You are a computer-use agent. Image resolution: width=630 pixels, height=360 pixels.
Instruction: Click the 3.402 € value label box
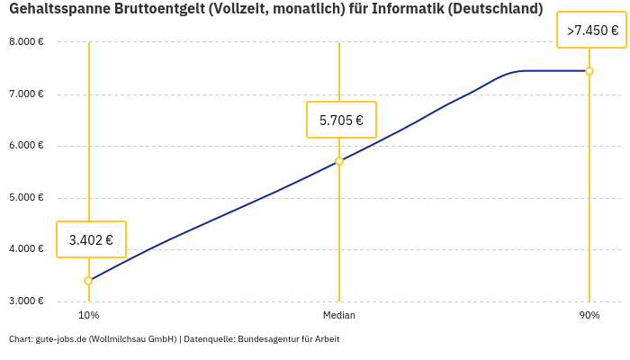click(x=91, y=239)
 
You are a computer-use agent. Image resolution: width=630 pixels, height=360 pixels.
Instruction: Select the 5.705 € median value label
click(x=341, y=120)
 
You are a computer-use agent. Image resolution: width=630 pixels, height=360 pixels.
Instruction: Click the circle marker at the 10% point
click(x=88, y=281)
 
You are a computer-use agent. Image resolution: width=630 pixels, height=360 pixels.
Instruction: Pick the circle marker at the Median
click(x=339, y=161)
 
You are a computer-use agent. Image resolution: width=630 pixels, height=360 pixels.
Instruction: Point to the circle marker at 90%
click(x=589, y=71)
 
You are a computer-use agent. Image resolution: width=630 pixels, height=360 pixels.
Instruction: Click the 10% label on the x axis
click(x=88, y=316)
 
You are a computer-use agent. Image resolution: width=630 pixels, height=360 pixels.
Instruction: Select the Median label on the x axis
click(x=339, y=316)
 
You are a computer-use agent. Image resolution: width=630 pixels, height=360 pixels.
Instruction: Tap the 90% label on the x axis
click(x=589, y=316)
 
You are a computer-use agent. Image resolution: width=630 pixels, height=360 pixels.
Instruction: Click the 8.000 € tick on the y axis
click(x=26, y=42)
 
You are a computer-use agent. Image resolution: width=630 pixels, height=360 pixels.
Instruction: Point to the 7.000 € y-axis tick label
click(x=26, y=94)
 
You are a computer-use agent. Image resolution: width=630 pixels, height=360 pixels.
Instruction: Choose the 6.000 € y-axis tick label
click(x=26, y=146)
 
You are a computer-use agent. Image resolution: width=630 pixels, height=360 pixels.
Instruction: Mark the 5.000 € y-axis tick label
click(x=26, y=198)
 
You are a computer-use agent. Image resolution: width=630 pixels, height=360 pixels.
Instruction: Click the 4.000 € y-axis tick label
click(x=26, y=249)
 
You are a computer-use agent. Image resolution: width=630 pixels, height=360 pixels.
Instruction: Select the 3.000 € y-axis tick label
click(x=26, y=301)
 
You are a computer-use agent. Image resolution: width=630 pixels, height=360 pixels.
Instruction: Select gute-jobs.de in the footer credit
click(x=60, y=339)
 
